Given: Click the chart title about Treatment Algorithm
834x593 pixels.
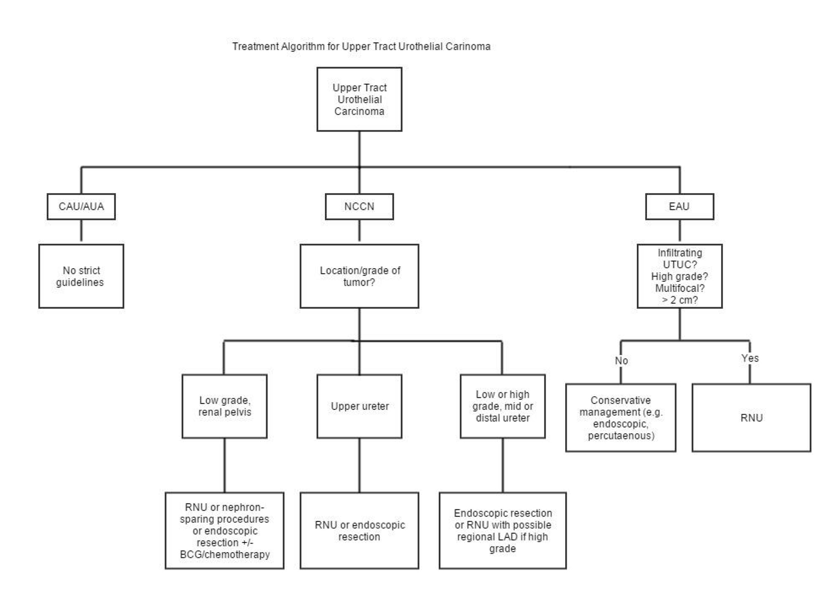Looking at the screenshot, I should (x=361, y=46).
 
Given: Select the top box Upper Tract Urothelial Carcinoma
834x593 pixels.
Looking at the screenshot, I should (x=359, y=99).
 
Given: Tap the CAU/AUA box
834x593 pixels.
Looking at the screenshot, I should (x=81, y=206).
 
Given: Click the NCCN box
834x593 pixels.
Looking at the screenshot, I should (x=359, y=206).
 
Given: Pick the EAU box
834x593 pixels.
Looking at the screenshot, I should (x=679, y=206).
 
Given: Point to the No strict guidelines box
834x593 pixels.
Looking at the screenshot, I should (x=81, y=276).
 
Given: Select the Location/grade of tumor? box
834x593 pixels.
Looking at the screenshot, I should (x=359, y=276).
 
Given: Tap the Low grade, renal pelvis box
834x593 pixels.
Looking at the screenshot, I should (x=224, y=406).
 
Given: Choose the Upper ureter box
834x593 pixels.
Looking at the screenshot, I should (x=359, y=406).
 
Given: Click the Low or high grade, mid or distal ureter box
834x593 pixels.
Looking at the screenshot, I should (x=502, y=406).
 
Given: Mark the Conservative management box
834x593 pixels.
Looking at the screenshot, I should (x=620, y=418).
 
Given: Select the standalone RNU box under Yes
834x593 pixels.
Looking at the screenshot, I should (x=751, y=418).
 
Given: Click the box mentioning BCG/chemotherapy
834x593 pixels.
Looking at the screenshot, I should (x=224, y=530).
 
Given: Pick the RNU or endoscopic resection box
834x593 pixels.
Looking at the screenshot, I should (x=359, y=530).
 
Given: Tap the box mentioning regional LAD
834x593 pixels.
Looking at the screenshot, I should (x=502, y=530).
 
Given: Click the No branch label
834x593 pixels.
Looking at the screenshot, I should (x=621, y=361).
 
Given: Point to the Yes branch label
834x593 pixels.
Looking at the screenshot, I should (x=750, y=358).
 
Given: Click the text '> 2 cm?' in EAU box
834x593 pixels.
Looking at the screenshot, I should (x=679, y=300).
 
